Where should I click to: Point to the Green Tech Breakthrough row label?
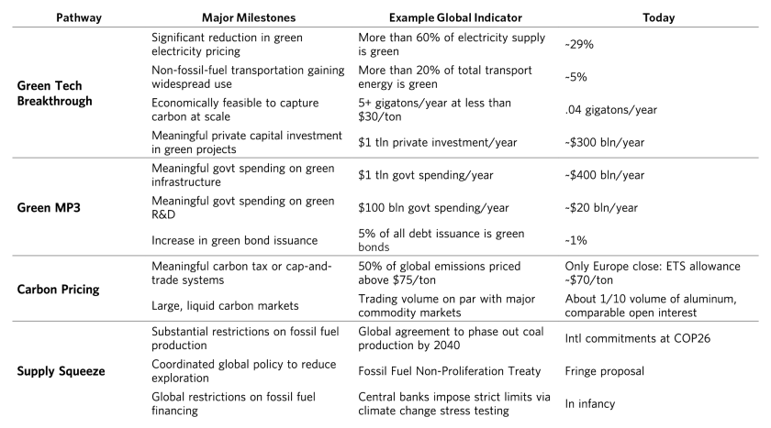tap(54, 93)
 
